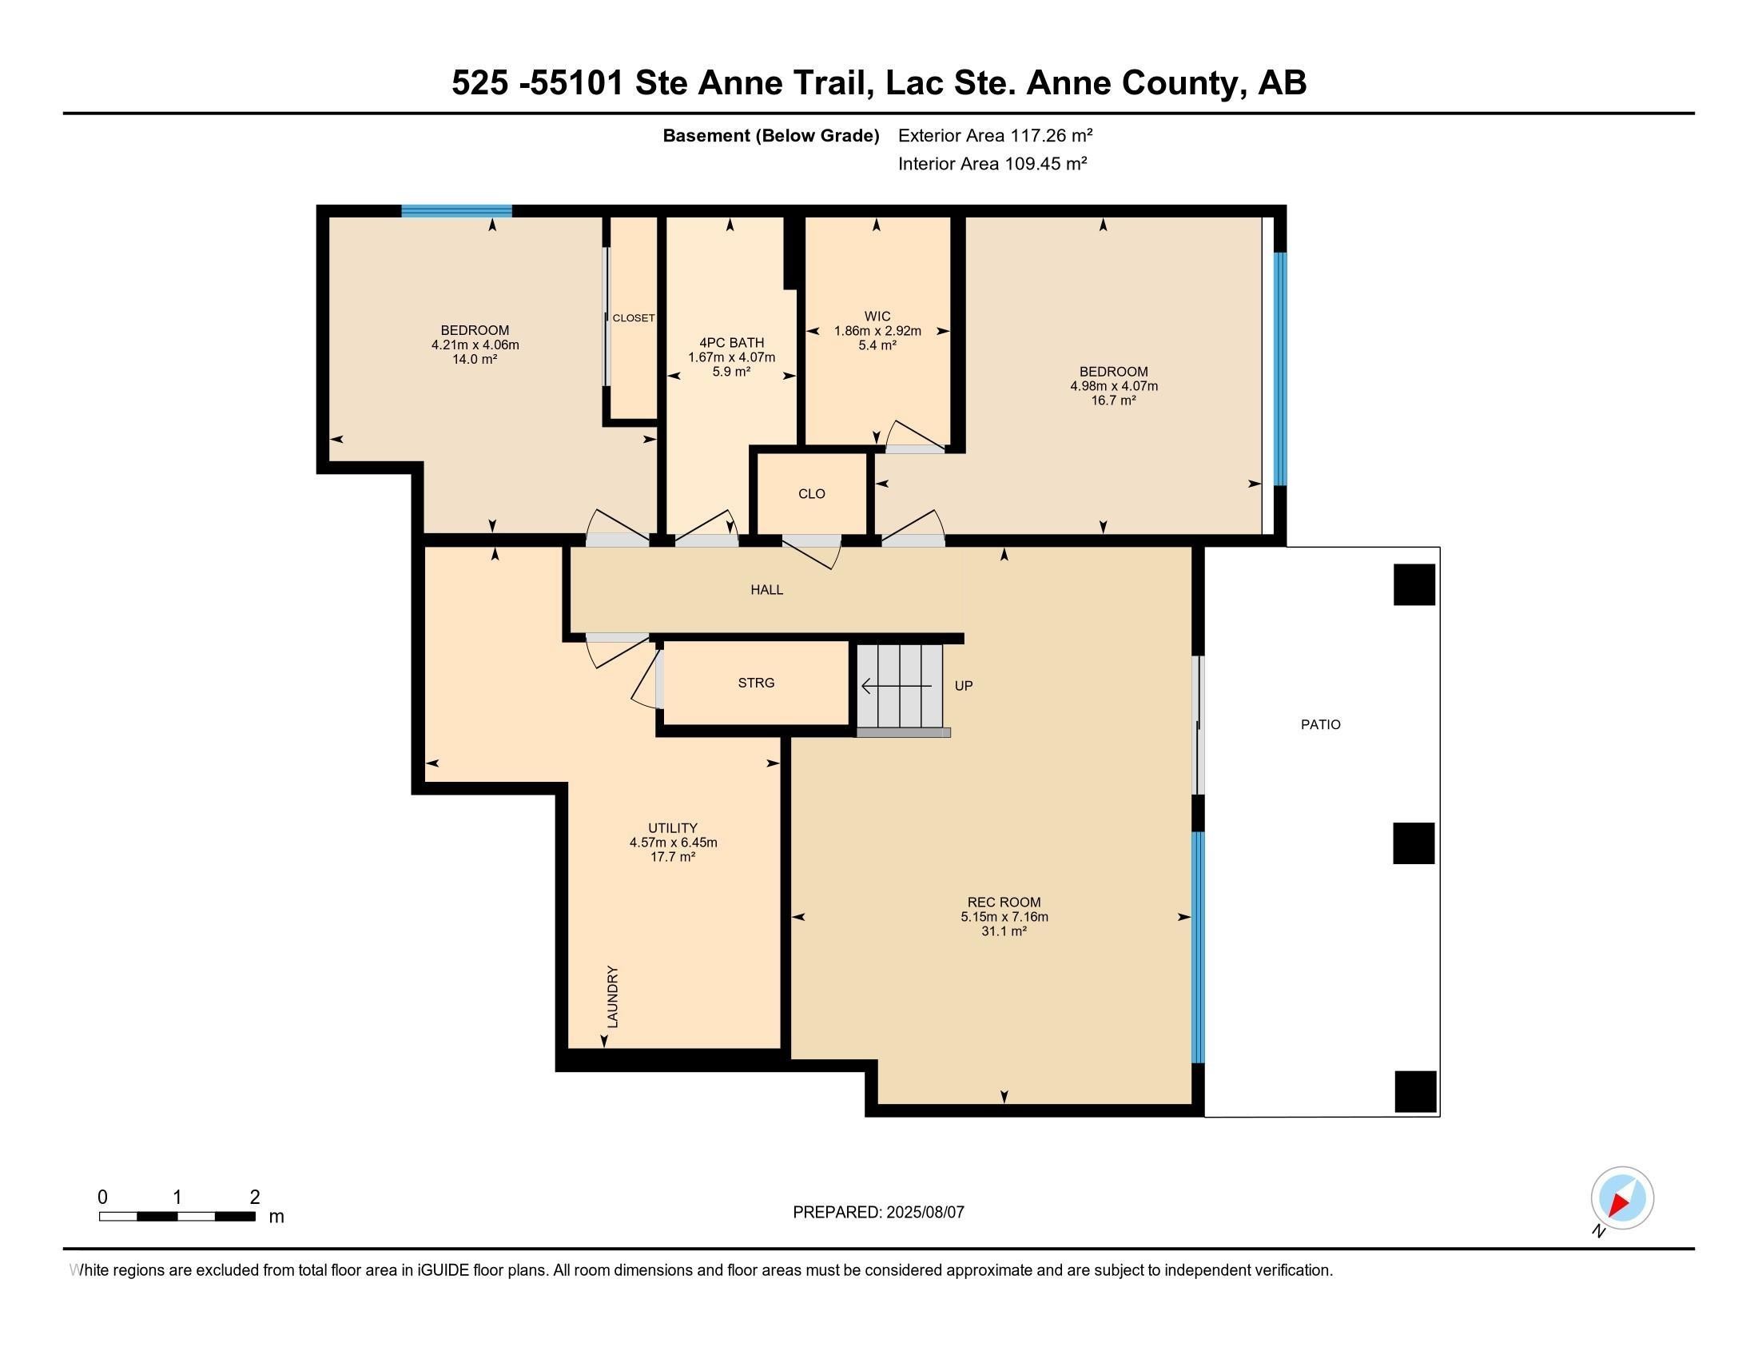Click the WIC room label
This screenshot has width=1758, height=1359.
point(877,317)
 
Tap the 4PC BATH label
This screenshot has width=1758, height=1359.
point(732,343)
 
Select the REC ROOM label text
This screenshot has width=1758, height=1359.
point(1004,903)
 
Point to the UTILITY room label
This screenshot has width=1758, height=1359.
point(673,828)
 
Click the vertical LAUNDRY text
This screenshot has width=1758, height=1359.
point(613,997)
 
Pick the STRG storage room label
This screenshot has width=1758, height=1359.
point(756,683)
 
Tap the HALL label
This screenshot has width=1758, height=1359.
point(766,590)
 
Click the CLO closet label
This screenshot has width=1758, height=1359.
point(811,493)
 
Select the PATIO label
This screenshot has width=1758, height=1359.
point(1321,724)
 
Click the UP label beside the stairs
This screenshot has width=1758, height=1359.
point(964,686)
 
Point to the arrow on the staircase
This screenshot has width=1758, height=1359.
point(897,686)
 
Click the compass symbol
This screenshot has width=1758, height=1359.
point(1622,1198)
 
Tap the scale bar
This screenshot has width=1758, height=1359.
point(177,1216)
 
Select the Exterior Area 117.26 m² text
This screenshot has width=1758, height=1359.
point(996,135)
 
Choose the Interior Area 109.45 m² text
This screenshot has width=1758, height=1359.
point(992,163)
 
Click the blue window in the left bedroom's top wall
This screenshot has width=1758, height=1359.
point(456,211)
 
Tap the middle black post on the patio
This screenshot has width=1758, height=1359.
point(1414,843)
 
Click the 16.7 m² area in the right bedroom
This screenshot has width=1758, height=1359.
point(1113,401)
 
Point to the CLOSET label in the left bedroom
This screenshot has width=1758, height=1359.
point(634,318)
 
